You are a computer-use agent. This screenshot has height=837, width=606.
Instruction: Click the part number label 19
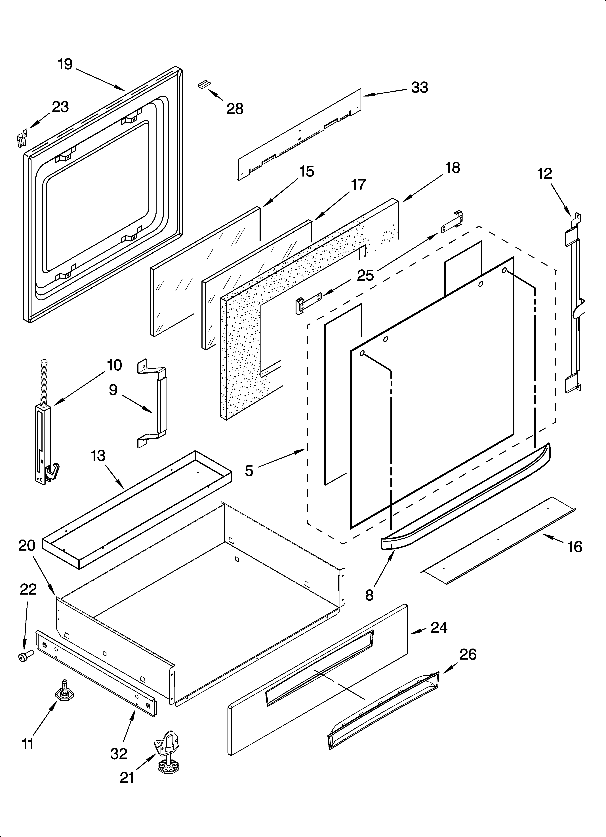click(x=65, y=65)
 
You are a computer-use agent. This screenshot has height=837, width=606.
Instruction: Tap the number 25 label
click(x=365, y=275)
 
